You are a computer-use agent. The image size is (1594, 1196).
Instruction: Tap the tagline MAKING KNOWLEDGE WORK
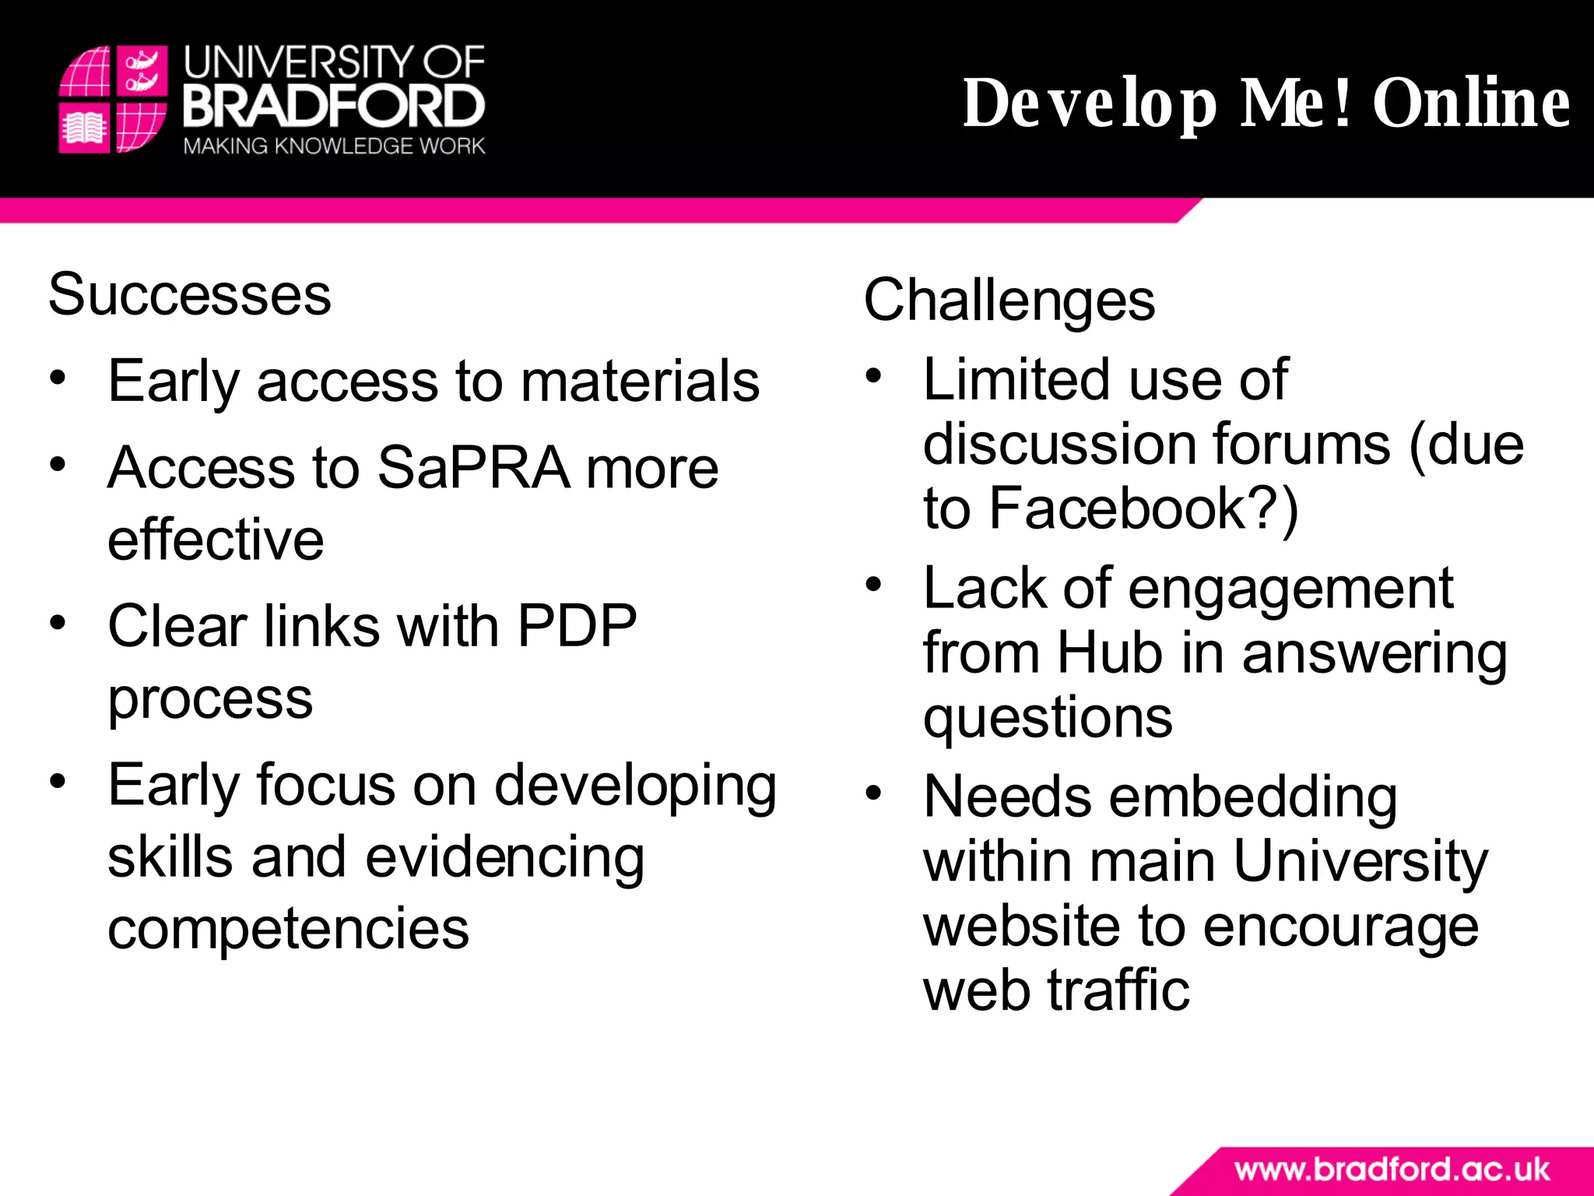tap(334, 146)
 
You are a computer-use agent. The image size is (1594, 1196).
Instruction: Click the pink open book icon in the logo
tap(84, 128)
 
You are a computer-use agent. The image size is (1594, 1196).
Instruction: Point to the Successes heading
tap(190, 295)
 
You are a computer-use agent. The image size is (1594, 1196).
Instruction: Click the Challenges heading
tap(1009, 301)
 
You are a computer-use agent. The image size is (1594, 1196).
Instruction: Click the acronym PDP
tap(577, 626)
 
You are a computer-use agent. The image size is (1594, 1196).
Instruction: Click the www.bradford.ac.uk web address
tap(1392, 1170)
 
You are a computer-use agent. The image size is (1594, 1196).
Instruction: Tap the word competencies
tap(288, 930)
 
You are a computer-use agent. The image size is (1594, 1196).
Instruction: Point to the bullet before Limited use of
tap(873, 376)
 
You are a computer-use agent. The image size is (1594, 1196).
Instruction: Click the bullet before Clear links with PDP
tap(58, 623)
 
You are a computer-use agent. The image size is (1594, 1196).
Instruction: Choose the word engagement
tap(1290, 589)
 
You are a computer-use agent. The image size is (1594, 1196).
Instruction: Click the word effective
tap(216, 540)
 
